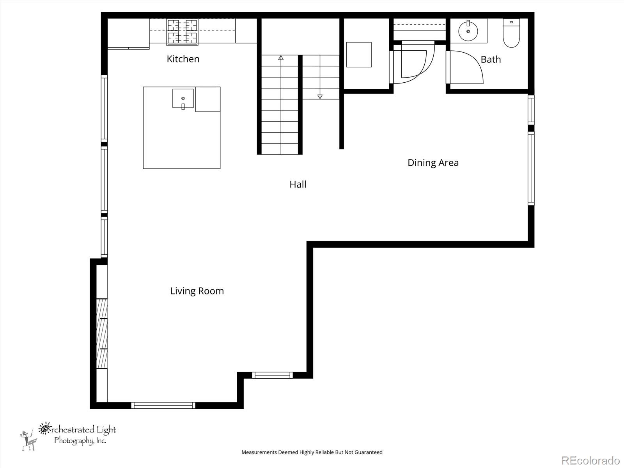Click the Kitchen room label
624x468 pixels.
tap(183, 59)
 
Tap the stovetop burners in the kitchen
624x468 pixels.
tap(182, 32)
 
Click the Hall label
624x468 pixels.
tap(298, 184)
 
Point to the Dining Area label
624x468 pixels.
tap(433, 163)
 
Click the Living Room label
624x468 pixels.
tap(197, 291)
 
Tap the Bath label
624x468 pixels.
tap(491, 59)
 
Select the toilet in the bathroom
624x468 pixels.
tap(511, 34)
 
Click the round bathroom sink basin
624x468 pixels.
tap(468, 31)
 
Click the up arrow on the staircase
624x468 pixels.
tap(281, 58)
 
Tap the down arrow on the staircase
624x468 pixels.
tap(320, 96)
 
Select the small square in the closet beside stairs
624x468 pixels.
tap(359, 55)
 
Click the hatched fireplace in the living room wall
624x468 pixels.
tap(102, 333)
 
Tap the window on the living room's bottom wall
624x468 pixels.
tap(163, 406)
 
